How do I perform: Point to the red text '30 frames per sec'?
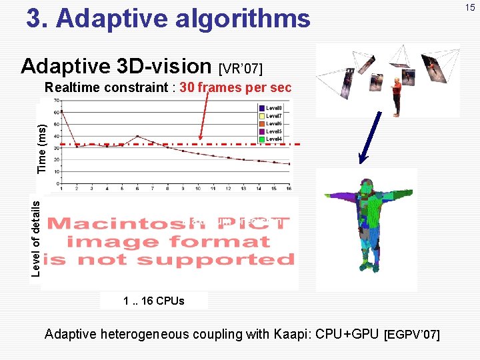[236, 87]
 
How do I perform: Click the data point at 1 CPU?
[62, 112]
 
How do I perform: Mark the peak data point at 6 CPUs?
[137, 136]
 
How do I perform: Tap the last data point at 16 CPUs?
[289, 164]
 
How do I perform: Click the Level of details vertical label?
[37, 233]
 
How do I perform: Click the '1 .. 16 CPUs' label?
[154, 301]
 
